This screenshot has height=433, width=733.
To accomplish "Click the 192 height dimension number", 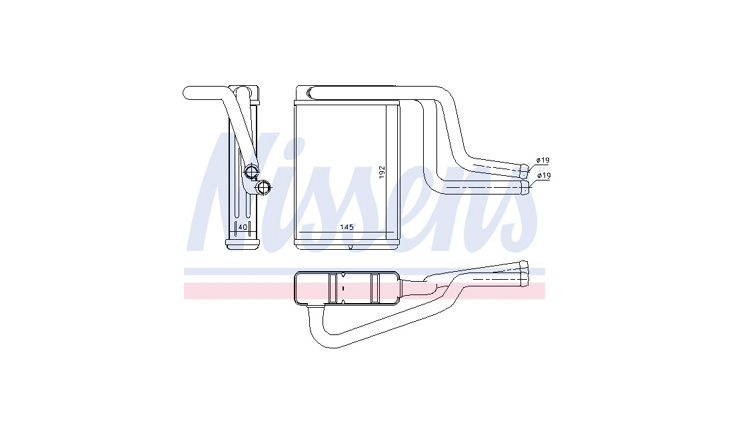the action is (382, 172).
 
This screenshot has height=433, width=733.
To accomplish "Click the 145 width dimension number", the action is (347, 227).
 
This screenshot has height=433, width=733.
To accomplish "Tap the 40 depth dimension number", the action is (243, 227).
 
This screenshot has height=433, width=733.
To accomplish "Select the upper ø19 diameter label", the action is (542, 161).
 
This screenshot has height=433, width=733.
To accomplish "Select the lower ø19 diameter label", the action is (544, 176).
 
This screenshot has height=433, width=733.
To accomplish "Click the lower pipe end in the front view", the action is (526, 187).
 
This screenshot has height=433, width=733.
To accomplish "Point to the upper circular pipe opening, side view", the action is (251, 171).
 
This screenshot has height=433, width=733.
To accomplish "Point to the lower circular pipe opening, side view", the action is (264, 188).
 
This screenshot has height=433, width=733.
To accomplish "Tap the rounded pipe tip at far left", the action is (187, 93).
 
